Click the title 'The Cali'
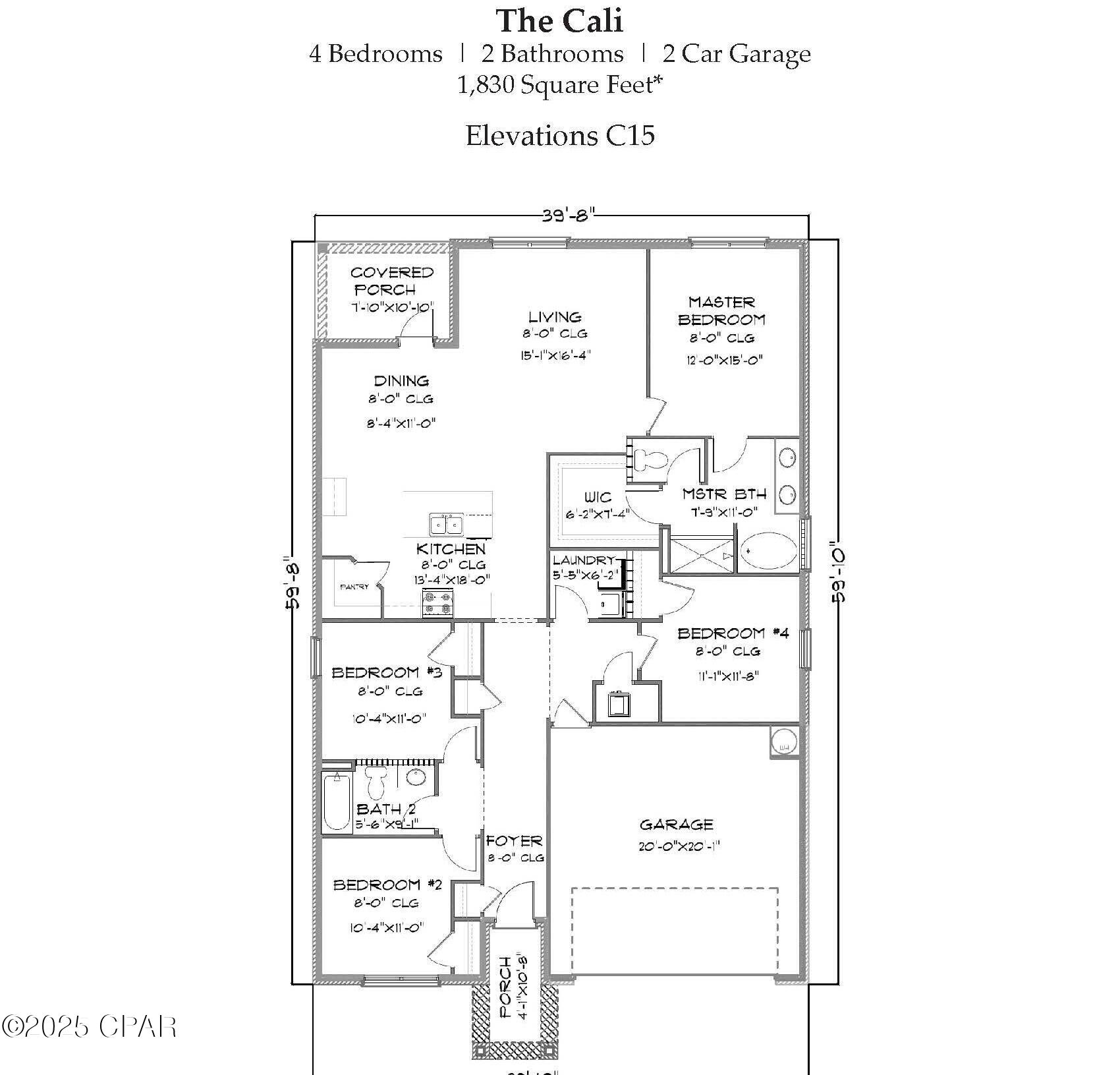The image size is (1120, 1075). coord(559,21)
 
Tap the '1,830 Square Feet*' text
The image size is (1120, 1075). coord(559,85)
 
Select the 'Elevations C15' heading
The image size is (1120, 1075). coord(559,136)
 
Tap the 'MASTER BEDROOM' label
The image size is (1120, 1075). coord(721,311)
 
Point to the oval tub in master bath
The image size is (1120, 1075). coord(768,552)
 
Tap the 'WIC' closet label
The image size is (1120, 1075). coord(598,497)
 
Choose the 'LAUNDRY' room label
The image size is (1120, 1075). coord(583,560)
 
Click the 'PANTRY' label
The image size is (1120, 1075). coord(354,587)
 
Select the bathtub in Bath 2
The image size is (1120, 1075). coord(337,801)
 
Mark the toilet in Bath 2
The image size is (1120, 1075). coord(376,781)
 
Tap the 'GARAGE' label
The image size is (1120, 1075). coord(676,825)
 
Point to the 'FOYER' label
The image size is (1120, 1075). coord(515,841)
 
